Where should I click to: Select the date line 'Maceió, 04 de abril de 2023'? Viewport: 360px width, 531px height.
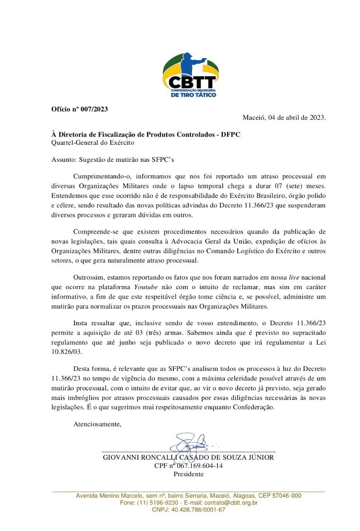[284, 117]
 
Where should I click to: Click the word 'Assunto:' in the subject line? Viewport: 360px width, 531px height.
[63, 159]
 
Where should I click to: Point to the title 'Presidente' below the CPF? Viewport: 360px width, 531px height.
[188, 474]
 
